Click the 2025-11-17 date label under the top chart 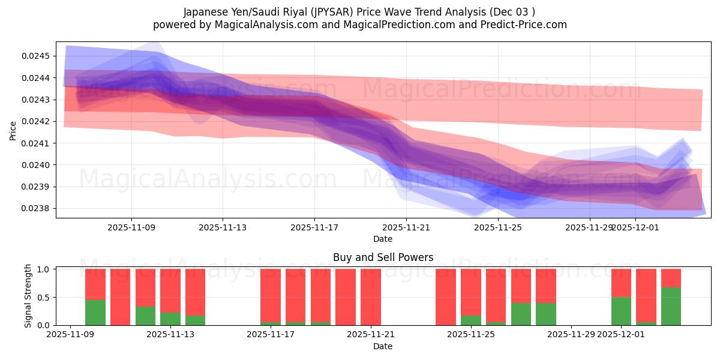coord(314,227)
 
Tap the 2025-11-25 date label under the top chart coord(497,227)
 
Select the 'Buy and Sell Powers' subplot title coord(383,257)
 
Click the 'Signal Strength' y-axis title coord(28,296)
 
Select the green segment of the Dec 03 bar coord(671,306)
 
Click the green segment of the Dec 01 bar coord(621,311)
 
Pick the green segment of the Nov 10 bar coord(95,312)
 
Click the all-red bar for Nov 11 coord(120,297)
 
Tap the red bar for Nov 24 coord(446,297)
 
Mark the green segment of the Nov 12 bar coord(145,316)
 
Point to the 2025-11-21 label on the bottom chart coord(371,335)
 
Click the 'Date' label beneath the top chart coord(383,239)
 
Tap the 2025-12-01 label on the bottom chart coord(621,335)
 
